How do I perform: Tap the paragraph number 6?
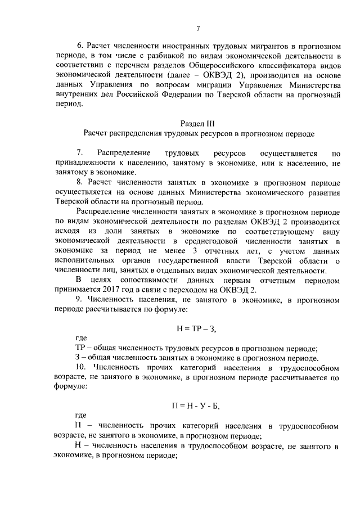(79, 46)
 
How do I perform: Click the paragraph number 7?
(79, 153)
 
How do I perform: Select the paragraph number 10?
(82, 367)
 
